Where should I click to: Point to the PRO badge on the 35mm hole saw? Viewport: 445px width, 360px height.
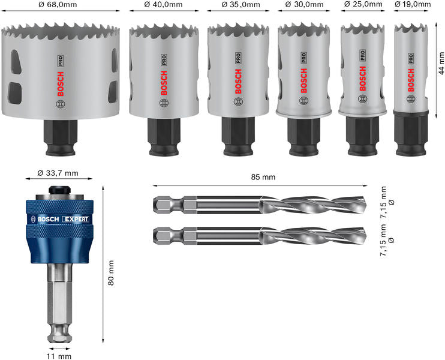click(238, 59)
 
